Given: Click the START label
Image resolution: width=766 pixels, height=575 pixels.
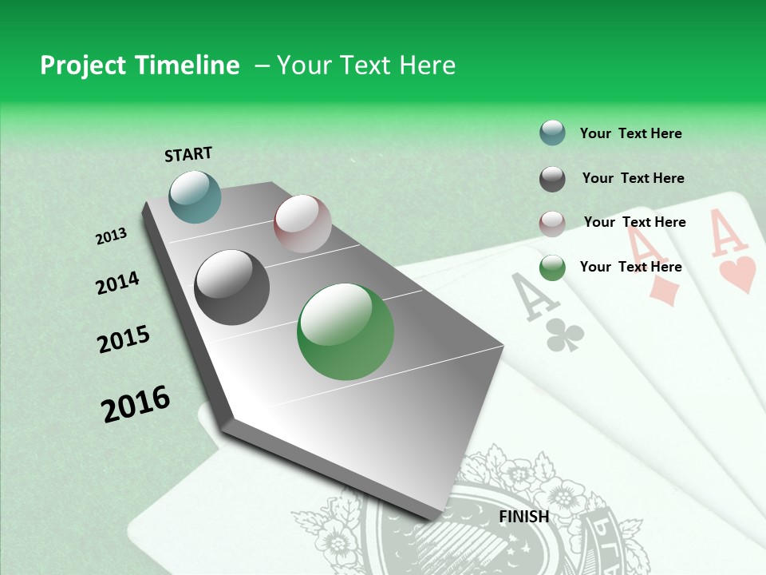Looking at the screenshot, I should pyautogui.click(x=188, y=153).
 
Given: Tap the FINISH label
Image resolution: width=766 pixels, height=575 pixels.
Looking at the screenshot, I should pyautogui.click(x=524, y=517).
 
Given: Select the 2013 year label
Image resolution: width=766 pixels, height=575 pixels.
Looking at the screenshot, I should pyautogui.click(x=112, y=236).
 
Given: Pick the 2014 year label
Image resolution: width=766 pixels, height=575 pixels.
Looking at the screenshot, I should pyautogui.click(x=117, y=284).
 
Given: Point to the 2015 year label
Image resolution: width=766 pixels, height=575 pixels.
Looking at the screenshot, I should pyautogui.click(x=124, y=339).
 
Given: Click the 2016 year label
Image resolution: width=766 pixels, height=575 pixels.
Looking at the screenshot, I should pyautogui.click(x=136, y=403).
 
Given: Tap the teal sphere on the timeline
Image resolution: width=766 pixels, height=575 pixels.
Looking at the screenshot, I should pyautogui.click(x=195, y=196).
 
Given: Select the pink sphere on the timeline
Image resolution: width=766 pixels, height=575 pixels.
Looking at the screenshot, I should pyautogui.click(x=302, y=224).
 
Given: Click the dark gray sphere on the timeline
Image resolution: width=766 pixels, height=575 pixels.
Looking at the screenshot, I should pyautogui.click(x=232, y=287).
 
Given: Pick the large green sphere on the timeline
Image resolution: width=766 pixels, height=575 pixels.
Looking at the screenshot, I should pyautogui.click(x=345, y=331).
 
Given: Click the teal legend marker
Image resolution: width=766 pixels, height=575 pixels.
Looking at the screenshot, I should pyautogui.click(x=552, y=133).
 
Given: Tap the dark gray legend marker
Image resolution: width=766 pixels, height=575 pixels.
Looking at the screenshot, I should pyautogui.click(x=552, y=179).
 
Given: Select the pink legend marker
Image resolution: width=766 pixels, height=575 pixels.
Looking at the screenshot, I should pyautogui.click(x=552, y=223).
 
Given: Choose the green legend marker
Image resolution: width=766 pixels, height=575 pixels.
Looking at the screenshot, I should pyautogui.click(x=552, y=268).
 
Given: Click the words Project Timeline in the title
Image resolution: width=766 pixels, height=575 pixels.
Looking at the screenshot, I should pyautogui.click(x=140, y=65).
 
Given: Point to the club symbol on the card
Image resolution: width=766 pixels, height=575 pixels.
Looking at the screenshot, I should pyautogui.click(x=565, y=335).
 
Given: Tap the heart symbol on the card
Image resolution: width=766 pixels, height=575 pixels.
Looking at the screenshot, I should pyautogui.click(x=737, y=274).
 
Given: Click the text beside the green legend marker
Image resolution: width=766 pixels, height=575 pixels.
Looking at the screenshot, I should pyautogui.click(x=630, y=267).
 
